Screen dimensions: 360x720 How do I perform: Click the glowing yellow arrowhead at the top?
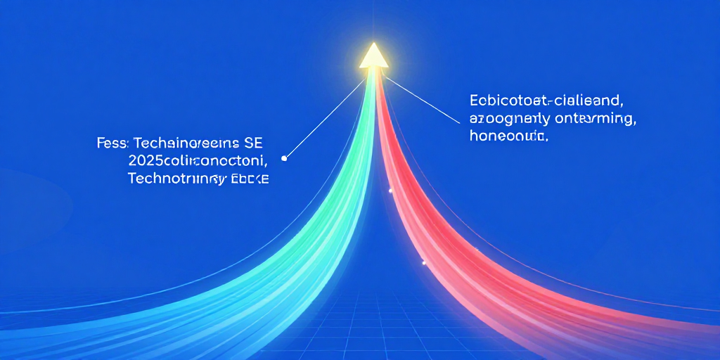tap(373, 57)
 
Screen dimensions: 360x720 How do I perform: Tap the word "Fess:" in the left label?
tap(111, 143)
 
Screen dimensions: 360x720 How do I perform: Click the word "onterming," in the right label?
tap(598, 119)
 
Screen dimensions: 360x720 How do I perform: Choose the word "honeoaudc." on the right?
tap(508, 136)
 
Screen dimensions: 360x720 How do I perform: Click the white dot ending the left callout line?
tap(284, 158)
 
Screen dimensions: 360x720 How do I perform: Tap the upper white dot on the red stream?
tap(390, 191)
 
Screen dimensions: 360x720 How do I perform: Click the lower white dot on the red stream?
tap(423, 263)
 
